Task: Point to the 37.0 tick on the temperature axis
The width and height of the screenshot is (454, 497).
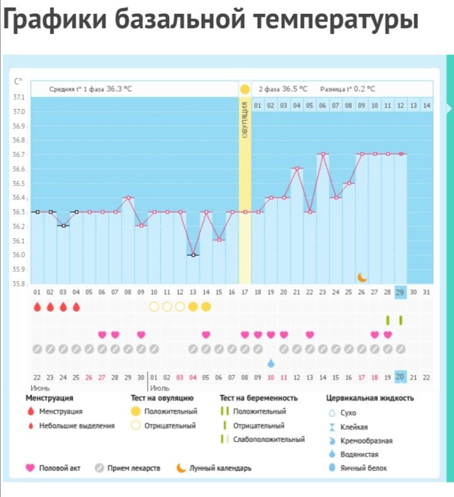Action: pyautogui.click(x=20, y=112)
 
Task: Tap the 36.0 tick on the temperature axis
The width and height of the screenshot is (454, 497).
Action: pyautogui.click(x=20, y=255)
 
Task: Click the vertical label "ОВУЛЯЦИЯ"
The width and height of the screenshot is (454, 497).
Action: pyautogui.click(x=245, y=123)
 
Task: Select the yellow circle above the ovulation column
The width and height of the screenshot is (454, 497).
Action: pyautogui.click(x=245, y=89)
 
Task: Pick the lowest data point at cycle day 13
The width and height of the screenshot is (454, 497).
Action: pyautogui.click(x=193, y=255)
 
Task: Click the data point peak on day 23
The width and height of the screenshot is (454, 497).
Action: pyautogui.click(x=323, y=154)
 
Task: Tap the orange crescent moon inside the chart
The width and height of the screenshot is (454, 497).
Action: pyautogui.click(x=362, y=277)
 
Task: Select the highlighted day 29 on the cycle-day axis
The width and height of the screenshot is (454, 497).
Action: pyautogui.click(x=400, y=292)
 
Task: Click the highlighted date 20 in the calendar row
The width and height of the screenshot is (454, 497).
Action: pyautogui.click(x=400, y=377)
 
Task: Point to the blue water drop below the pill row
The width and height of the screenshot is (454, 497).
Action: pyautogui.click(x=271, y=363)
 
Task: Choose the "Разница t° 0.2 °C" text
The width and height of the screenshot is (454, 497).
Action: pyautogui.click(x=347, y=89)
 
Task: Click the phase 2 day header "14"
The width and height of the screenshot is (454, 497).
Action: pyautogui.click(x=426, y=105)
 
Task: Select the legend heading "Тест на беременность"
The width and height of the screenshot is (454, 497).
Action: pyautogui.click(x=259, y=399)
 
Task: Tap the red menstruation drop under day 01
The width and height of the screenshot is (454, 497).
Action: pyautogui.click(x=37, y=307)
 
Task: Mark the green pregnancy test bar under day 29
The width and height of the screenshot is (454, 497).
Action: pyautogui.click(x=400, y=320)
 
